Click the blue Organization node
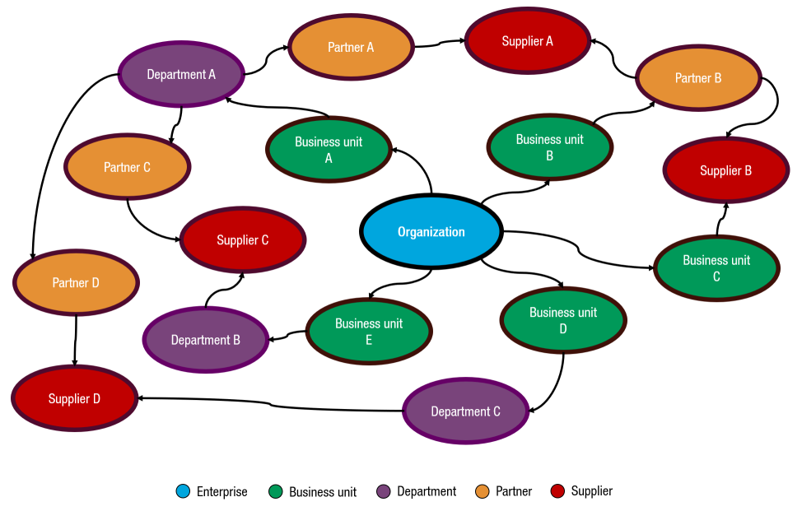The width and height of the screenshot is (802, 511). coord(431,231)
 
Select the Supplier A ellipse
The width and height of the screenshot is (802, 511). coord(527,41)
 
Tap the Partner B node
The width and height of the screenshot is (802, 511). coord(697,78)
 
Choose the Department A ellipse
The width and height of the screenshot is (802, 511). coord(181,74)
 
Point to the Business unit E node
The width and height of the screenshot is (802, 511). coord(369,331)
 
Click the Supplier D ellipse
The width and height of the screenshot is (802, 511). coord(74,399)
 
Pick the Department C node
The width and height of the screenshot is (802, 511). coord(465,411)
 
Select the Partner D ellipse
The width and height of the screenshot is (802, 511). coord(76,282)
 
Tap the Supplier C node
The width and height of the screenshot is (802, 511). coord(242,240)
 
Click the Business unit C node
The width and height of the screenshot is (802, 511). coord(716,268)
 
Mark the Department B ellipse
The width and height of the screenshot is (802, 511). coord(205,339)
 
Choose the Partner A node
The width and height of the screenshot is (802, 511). coord(351,47)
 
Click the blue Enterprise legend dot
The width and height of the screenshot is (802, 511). coord(183,492)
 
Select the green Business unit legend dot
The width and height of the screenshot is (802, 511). coord(276,492)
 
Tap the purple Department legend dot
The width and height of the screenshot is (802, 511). coord(383,492)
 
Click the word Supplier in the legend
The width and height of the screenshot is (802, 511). coord(591,491)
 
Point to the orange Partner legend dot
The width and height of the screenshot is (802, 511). coord(483,492)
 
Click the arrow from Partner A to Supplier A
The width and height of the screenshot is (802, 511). coord(438,44)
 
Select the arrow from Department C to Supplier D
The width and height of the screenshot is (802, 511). coord(272,403)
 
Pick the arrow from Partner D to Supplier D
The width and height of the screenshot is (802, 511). coord(76,341)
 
